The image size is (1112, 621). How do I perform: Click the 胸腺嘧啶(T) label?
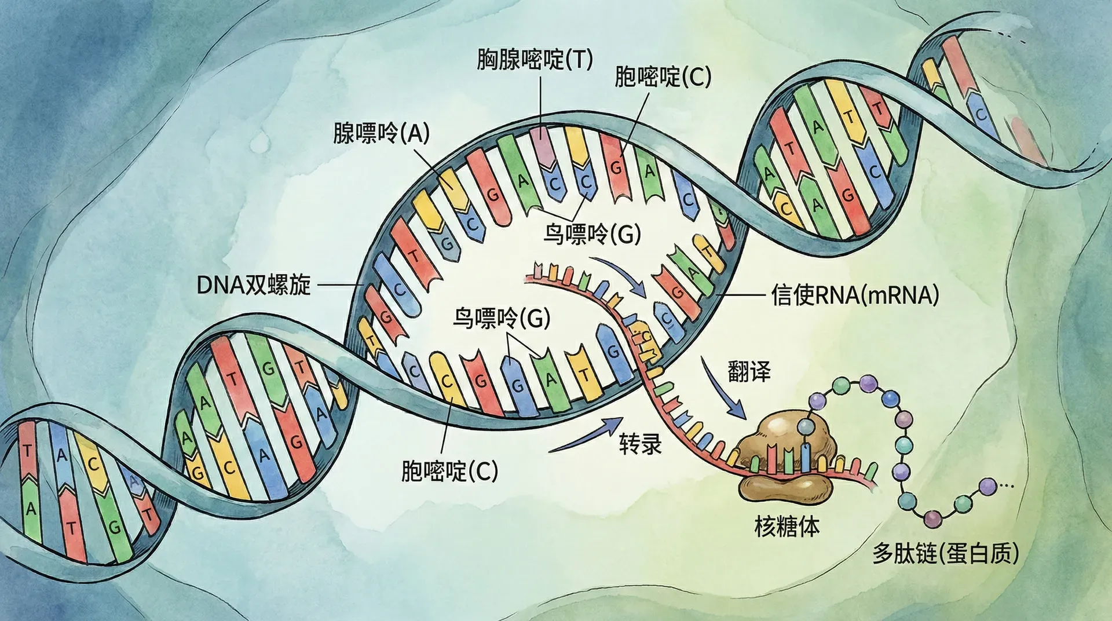pos(535,59)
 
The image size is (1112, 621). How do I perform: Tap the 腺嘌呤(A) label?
pos(381,133)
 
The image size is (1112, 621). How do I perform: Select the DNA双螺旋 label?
pos(254,285)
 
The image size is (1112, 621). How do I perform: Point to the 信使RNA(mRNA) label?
pos(855,295)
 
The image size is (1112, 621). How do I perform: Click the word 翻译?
pos(749,371)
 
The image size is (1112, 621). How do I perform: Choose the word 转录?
pos(641,444)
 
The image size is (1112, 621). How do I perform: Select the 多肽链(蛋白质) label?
pos(945,554)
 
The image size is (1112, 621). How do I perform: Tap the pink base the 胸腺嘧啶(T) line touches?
pos(541,139)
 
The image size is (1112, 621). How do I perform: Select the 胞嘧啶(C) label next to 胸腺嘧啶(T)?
pos(662,77)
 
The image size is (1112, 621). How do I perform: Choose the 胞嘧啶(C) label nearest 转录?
pos(449,471)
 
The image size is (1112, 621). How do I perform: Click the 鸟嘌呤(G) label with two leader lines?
pos(501,318)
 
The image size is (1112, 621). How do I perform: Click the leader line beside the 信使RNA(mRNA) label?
pos(741,295)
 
